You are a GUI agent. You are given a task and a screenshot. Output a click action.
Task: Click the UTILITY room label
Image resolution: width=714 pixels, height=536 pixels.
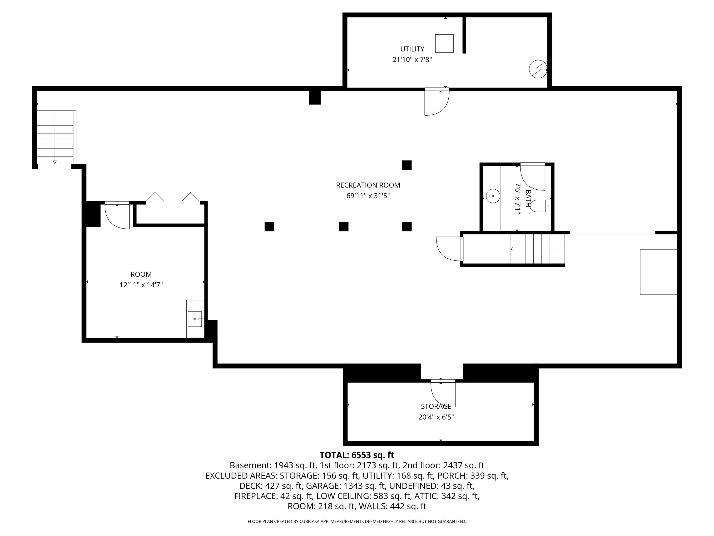412,49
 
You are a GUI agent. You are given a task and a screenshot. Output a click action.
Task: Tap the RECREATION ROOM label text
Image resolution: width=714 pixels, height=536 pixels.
368,185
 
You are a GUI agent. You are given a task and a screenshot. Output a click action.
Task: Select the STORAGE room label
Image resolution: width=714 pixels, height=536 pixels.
436,406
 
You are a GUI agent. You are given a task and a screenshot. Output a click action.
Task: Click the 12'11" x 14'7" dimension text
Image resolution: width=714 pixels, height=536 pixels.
141,285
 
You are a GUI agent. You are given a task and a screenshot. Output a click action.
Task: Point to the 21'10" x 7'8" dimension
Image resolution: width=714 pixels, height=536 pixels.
412,60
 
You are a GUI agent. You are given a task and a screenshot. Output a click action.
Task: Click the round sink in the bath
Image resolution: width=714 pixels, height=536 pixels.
493,196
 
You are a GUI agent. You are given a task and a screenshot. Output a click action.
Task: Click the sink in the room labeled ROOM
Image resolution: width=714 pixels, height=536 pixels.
195,319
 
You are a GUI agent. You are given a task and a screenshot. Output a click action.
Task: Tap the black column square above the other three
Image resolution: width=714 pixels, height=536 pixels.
407,165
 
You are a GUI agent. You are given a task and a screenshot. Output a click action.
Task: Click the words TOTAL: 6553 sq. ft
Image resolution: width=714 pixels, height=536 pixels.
357,455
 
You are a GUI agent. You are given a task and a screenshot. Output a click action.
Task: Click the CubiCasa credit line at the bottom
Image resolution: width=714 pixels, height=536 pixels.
357,521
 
